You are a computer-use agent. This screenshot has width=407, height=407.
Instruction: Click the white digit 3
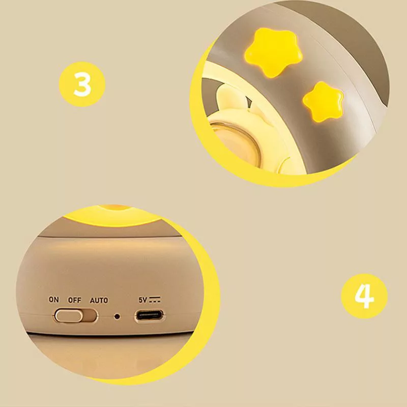[82, 84]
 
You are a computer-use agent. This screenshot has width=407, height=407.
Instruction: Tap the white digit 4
[364, 296]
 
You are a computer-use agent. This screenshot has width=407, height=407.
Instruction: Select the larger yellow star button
[274, 52]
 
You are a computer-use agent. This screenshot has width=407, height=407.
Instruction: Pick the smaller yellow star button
[323, 101]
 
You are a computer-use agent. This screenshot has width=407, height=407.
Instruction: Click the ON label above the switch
[54, 300]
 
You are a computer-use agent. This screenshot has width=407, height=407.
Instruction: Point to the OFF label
[74, 300]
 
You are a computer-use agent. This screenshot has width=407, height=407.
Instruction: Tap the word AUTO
[99, 300]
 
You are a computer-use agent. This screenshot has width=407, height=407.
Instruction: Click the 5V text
[143, 300]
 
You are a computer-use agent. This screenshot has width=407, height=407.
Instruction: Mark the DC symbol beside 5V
[155, 300]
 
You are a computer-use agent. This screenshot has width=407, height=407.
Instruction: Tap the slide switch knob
[69, 315]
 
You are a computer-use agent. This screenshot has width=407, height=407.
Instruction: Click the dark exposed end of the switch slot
[90, 315]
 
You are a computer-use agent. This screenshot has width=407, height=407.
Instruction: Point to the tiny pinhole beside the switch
[117, 316]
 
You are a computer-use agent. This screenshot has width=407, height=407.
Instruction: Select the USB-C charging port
[149, 316]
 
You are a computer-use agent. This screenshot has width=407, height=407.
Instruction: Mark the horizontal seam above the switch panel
[109, 237]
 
